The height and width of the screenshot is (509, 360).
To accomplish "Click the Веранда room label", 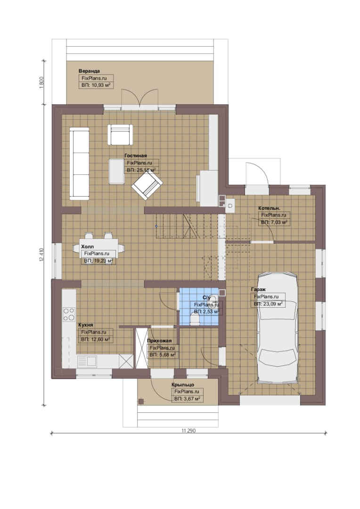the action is pyautogui.click(x=89, y=71).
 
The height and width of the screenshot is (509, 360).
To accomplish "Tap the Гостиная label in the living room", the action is pyautogui.click(x=136, y=156).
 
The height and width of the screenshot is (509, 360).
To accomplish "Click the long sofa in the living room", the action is pyautogui.click(x=79, y=163).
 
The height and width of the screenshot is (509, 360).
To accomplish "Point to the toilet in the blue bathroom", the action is pyautogui.click(x=195, y=320).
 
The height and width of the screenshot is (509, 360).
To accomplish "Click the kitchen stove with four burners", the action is pyautogui.click(x=69, y=314).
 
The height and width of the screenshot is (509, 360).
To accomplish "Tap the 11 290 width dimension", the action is pyautogui.click(x=188, y=431).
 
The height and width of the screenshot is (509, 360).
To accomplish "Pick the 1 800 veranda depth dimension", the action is pyautogui.click(x=41, y=82).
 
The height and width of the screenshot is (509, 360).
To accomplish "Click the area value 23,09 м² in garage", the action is pyautogui.click(x=268, y=304).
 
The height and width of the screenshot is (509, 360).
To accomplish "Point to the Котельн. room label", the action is pyautogui.click(x=270, y=208).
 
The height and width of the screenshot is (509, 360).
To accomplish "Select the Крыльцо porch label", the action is pyautogui.click(x=183, y=385).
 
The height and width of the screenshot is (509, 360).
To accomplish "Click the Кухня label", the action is pyautogui.click(x=86, y=325).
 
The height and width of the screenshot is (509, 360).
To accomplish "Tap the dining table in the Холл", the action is pyautogui.click(x=98, y=248).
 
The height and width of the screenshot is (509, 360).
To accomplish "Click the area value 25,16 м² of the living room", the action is pyautogui.click(x=141, y=170).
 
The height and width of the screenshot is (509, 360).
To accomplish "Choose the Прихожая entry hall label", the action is pyautogui.click(x=159, y=341).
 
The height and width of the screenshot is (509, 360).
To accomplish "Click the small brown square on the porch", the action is pyautogui.click(x=141, y=401).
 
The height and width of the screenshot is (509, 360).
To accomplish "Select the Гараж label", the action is pyautogui.click(x=258, y=289).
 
